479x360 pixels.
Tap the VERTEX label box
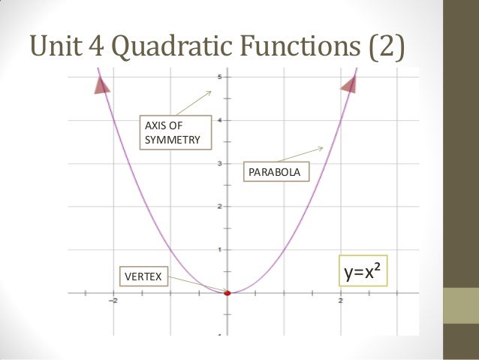pos(141,276)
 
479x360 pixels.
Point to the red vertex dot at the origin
pos(228,293)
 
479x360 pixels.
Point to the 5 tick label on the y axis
pos(218,77)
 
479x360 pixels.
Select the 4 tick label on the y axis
pos(218,120)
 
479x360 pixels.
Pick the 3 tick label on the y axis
pos(218,163)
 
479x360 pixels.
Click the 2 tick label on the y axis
pos(218,206)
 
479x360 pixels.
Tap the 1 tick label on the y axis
pos(218,250)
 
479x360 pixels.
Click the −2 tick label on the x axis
pos(113,301)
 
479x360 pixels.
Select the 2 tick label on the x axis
pos(342,301)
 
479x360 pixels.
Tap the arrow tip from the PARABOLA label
pos(324,146)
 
